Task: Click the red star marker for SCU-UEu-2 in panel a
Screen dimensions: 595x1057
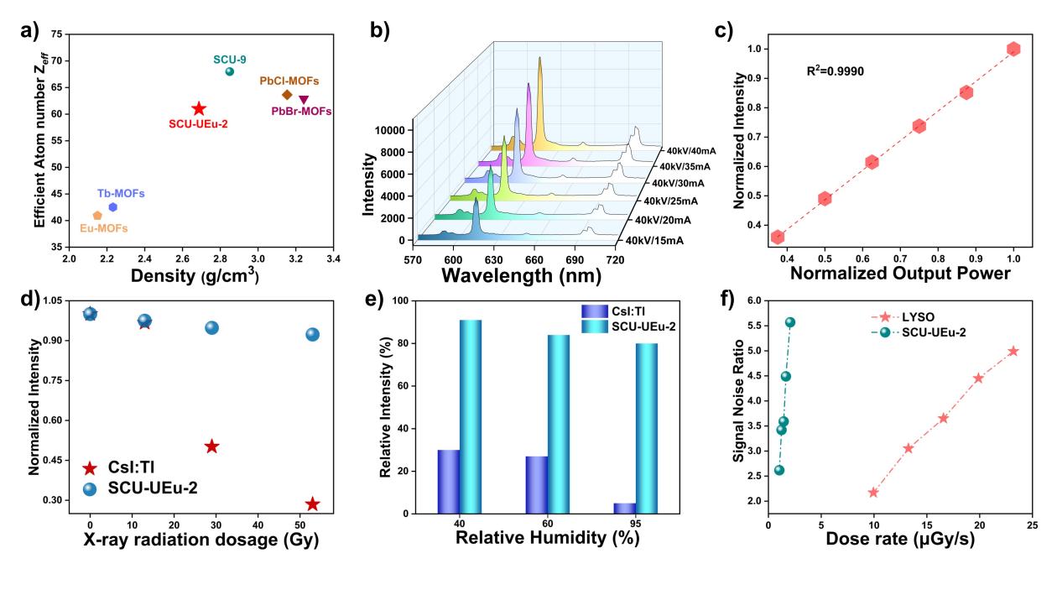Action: (x=199, y=109)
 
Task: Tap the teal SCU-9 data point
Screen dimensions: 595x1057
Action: (x=230, y=71)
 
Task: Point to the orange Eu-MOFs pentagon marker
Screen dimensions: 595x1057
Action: (x=97, y=216)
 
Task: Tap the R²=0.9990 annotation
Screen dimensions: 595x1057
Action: (x=834, y=71)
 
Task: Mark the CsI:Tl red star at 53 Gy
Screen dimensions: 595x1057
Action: (x=312, y=504)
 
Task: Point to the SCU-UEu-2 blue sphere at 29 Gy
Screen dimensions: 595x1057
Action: (x=212, y=327)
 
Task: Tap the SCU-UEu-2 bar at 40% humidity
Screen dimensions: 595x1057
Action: (x=471, y=416)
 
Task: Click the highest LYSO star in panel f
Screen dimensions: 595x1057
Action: (x=1013, y=351)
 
